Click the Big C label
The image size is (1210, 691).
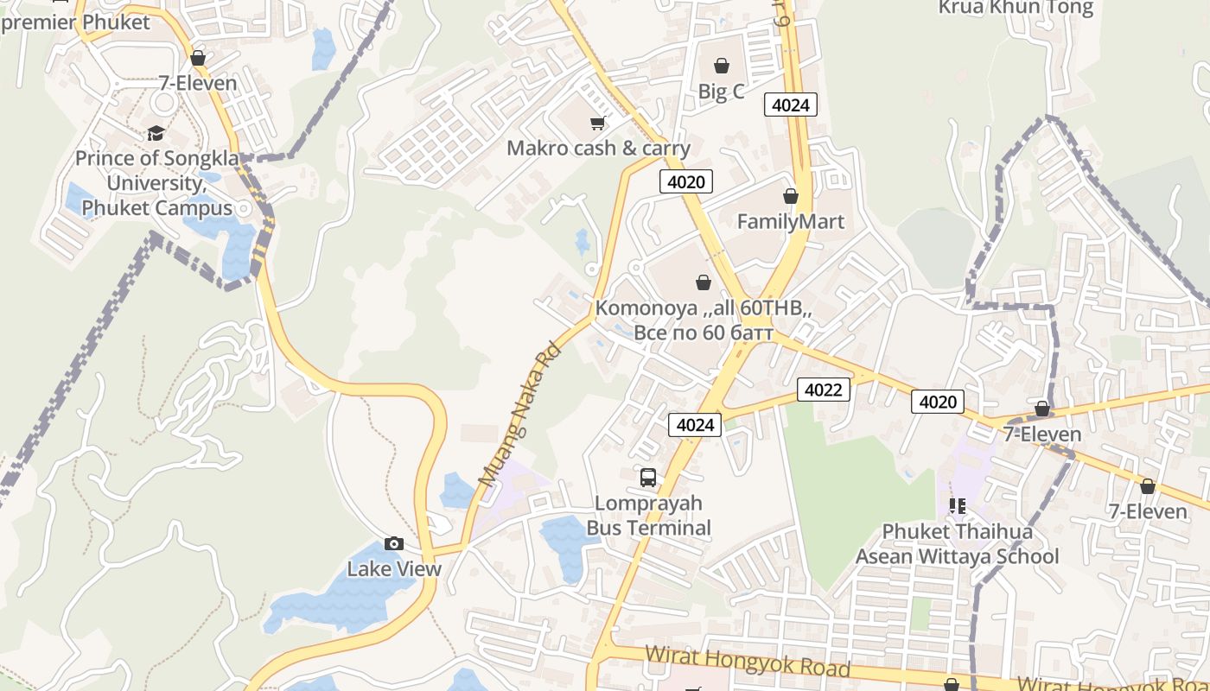(x=721, y=92)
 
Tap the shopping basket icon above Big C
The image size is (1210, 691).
(x=721, y=66)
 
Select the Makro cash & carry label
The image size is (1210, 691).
(x=598, y=149)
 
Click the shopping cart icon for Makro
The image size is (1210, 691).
(x=597, y=124)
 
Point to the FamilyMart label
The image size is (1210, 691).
(x=790, y=222)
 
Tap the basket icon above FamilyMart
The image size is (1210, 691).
(x=790, y=197)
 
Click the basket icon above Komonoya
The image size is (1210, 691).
(x=704, y=282)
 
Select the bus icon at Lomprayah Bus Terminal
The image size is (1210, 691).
(x=648, y=477)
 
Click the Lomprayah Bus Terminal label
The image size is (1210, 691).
(x=648, y=516)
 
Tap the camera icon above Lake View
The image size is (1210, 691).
(x=394, y=543)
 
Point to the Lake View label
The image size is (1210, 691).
(x=394, y=569)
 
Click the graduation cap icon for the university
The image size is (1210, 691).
(x=156, y=133)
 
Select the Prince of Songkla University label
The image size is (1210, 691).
(x=154, y=183)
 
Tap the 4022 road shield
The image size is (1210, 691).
(x=823, y=390)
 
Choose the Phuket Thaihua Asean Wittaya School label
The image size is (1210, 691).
(x=957, y=544)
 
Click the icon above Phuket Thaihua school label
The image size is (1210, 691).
(x=957, y=505)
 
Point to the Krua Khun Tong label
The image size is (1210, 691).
(x=1016, y=9)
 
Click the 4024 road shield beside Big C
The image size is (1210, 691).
(x=790, y=105)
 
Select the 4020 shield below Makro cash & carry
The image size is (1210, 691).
(x=686, y=181)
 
